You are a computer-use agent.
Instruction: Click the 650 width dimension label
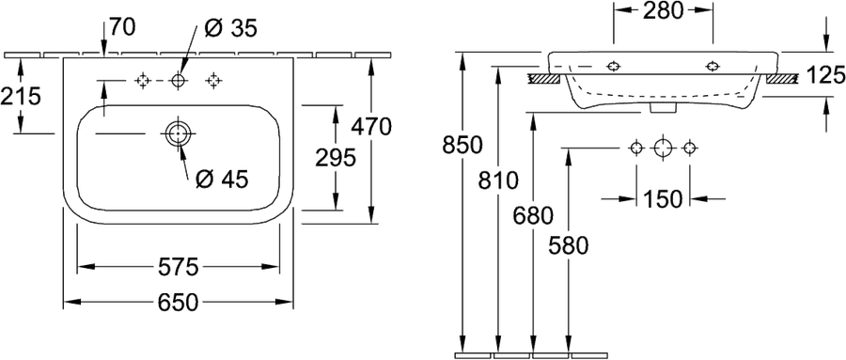(178, 303)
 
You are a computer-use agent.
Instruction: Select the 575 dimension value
(178, 267)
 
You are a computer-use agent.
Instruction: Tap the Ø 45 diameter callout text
(221, 180)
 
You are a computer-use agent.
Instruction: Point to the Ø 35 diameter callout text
(230, 28)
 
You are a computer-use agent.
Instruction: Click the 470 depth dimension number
(370, 128)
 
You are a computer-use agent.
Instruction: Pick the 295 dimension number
(335, 158)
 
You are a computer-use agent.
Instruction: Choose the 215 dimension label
(21, 97)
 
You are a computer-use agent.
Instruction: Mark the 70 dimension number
(122, 27)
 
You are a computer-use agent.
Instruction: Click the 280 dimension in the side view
(663, 9)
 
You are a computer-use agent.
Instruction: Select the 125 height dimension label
(825, 76)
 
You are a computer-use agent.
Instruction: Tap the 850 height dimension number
(462, 145)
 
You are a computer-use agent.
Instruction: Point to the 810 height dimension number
(497, 180)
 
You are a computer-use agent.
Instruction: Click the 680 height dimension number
(533, 216)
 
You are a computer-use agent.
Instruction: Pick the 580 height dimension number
(568, 246)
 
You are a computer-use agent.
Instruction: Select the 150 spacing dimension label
(663, 199)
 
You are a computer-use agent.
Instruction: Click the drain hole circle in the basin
(177, 133)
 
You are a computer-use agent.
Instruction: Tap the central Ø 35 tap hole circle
(178, 81)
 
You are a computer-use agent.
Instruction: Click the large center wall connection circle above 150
(663, 148)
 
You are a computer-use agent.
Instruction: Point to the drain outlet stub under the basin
(663, 108)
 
